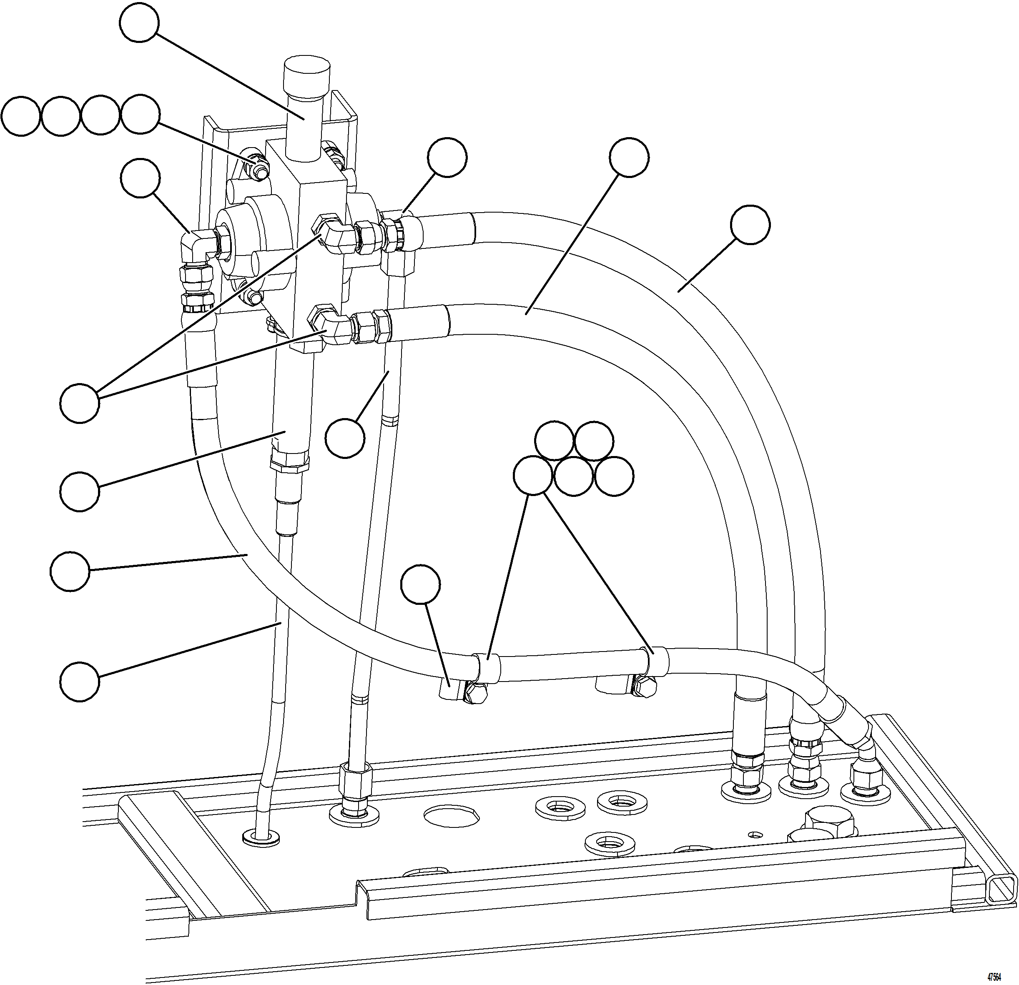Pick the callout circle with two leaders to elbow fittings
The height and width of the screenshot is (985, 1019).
coord(80,404)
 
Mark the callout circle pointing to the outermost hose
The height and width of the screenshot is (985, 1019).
coord(750,225)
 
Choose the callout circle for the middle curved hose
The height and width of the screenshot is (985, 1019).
coord(629,158)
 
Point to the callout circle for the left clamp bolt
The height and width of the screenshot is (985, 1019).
coord(421,584)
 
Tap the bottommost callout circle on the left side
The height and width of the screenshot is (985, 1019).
coord(80,682)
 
